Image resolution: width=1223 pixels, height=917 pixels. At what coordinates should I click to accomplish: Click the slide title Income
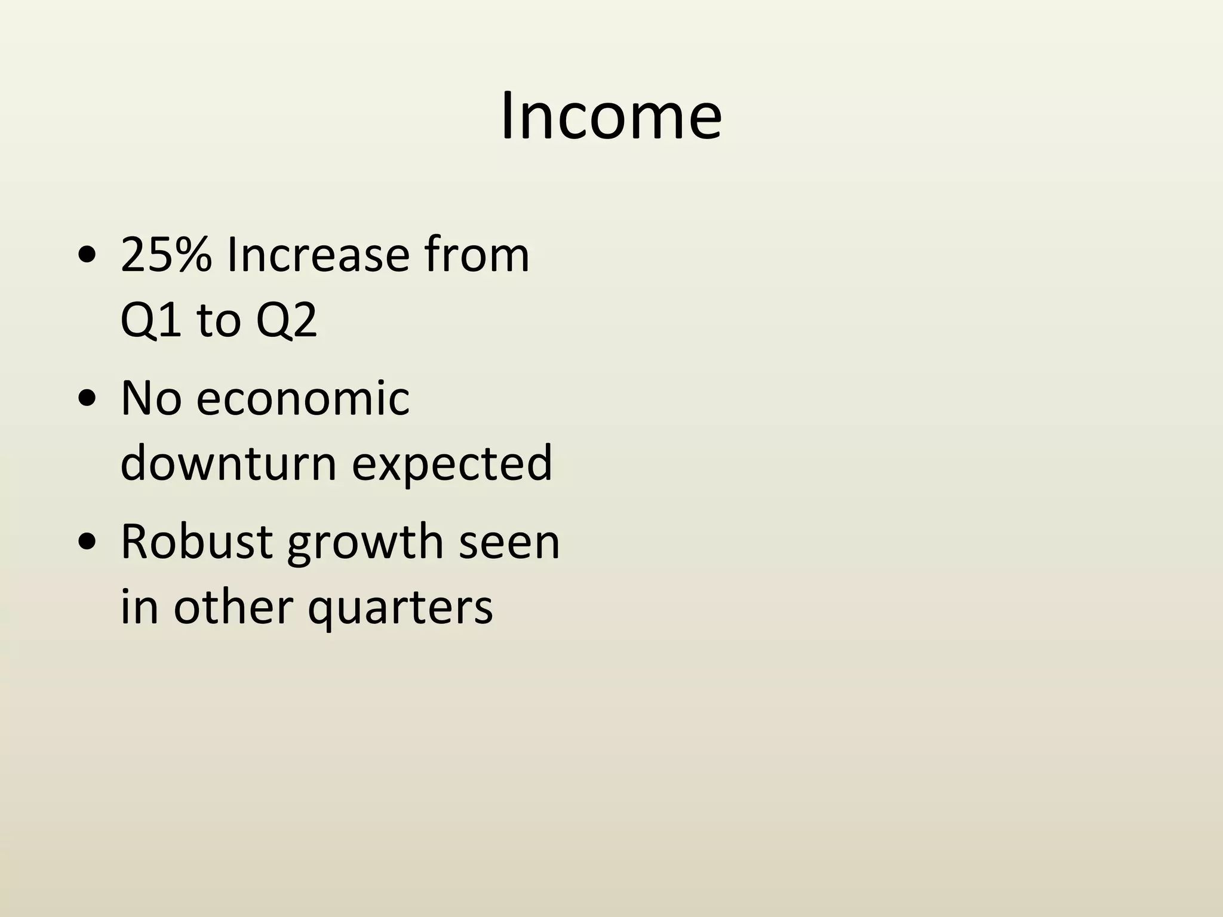(611, 116)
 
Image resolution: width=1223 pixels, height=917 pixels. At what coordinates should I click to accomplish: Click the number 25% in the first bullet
(166, 256)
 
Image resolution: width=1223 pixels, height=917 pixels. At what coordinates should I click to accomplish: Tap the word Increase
(318, 256)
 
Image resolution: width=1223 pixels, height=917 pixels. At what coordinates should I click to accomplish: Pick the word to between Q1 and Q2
(218, 321)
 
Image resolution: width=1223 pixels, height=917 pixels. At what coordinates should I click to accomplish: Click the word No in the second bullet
(151, 398)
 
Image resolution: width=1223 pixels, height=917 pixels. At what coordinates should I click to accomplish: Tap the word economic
(303, 398)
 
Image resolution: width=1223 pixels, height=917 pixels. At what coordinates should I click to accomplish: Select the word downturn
(229, 463)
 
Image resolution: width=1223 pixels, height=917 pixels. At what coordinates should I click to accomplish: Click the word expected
(452, 464)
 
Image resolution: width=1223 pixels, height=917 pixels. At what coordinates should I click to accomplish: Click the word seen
(509, 542)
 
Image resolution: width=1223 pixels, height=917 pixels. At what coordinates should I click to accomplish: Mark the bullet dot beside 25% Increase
(87, 257)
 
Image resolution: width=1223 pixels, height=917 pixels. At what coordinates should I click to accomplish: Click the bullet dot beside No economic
(87, 400)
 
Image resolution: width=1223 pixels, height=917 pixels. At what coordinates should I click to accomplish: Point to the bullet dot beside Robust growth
(87, 544)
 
